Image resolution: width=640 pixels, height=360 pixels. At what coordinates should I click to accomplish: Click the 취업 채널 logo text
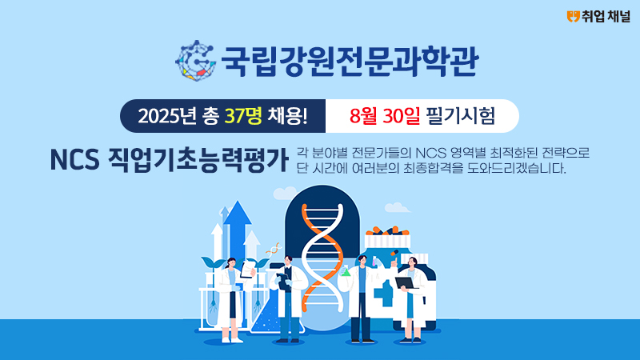click(606, 16)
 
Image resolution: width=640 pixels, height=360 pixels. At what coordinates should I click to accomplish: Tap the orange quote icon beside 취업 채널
click(573, 16)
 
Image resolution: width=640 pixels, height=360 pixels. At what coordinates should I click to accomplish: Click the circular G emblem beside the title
click(196, 61)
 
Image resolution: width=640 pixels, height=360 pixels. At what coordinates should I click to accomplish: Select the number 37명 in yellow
click(243, 116)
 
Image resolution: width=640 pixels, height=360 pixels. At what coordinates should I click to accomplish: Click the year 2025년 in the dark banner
click(167, 116)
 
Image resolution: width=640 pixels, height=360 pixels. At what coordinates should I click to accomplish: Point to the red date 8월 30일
click(385, 116)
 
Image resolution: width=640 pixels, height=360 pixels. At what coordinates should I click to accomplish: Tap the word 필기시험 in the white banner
click(460, 116)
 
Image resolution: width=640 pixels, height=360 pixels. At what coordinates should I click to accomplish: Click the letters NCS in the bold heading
click(74, 160)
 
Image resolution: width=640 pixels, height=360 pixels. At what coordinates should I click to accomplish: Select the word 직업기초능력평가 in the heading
click(198, 160)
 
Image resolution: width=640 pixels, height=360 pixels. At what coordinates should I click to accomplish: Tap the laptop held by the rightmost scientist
click(406, 283)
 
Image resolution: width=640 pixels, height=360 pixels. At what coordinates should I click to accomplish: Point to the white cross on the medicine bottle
click(383, 292)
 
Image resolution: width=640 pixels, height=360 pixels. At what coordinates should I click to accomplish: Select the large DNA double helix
click(322, 257)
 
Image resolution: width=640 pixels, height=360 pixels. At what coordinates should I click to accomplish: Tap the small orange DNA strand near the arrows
click(274, 248)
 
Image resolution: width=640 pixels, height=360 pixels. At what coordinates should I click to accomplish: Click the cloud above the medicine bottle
click(397, 207)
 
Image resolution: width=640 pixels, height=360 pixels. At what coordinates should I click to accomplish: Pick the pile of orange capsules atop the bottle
click(387, 230)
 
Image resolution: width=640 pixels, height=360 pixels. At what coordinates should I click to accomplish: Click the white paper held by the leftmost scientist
click(247, 270)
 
